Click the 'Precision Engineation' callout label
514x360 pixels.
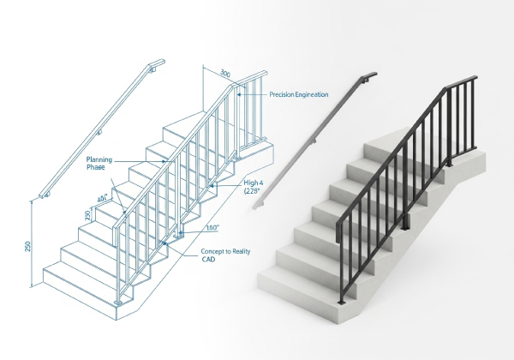(x=299, y=95)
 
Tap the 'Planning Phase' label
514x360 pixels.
(x=99, y=163)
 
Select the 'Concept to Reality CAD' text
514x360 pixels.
(x=225, y=255)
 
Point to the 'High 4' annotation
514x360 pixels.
(x=253, y=183)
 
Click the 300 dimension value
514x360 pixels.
(x=224, y=73)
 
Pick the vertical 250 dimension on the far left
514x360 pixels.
(x=27, y=247)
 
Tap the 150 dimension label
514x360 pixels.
(x=213, y=227)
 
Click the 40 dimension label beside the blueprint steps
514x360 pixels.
(x=103, y=198)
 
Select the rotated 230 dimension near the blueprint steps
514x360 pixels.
(x=87, y=215)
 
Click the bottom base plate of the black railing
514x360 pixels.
(x=342, y=302)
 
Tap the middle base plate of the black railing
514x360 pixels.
(x=405, y=228)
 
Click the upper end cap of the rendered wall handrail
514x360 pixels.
(x=369, y=77)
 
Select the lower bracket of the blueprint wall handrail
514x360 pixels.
(x=46, y=195)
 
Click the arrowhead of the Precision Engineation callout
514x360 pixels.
(x=239, y=94)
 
